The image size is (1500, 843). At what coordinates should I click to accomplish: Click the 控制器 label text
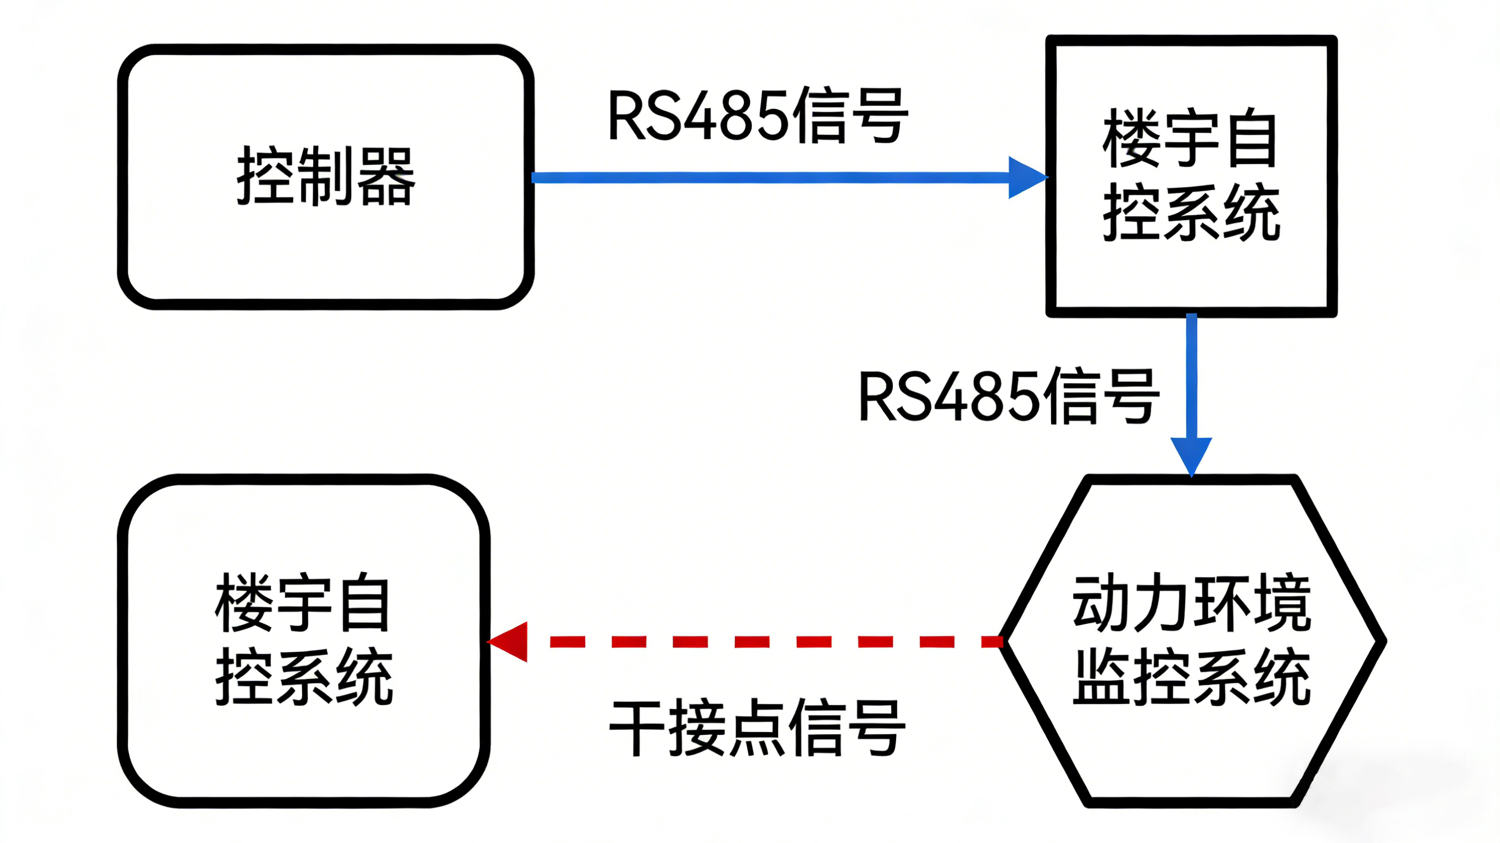pos(326,176)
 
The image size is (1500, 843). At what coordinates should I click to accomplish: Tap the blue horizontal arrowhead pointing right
pos(1026,177)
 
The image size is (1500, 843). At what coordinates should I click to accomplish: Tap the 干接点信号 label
pos(757,728)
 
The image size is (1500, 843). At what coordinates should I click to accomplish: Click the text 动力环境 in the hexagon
pos(1191,603)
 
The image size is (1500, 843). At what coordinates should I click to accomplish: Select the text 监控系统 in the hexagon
pos(1191,677)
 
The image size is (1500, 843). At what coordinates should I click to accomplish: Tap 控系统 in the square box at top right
pos(1191,213)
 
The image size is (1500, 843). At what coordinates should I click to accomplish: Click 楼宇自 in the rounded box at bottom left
pos(303,603)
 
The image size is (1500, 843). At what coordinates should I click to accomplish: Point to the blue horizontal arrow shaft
pos(769,177)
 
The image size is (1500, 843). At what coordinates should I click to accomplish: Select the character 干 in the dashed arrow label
pos(637,728)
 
